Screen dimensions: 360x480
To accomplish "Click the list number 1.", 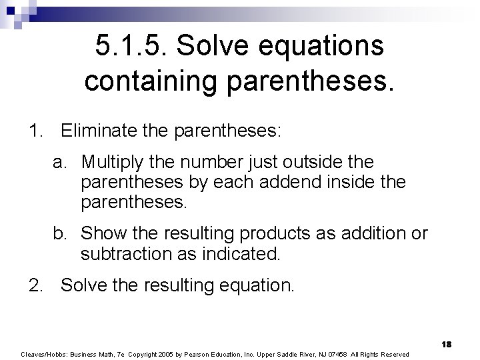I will (x=35, y=131).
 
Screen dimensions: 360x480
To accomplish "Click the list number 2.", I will (x=35, y=285).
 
